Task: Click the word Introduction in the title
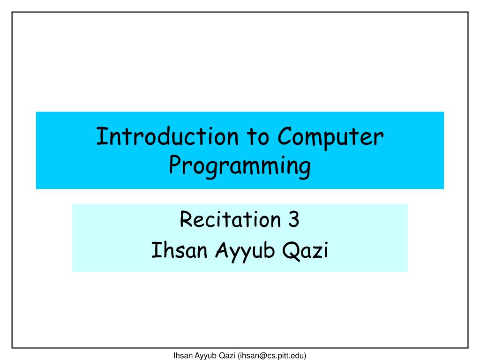click(x=167, y=136)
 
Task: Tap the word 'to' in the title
click(x=258, y=137)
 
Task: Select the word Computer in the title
click(x=330, y=138)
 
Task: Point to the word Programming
click(x=240, y=166)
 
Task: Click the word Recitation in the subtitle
click(x=230, y=219)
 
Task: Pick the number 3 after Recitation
click(x=293, y=219)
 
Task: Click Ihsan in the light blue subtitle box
click(x=180, y=250)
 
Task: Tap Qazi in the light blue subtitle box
click(x=305, y=250)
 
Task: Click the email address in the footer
click(x=272, y=355)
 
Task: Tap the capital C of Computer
click(x=285, y=136)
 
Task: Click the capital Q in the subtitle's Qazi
click(x=291, y=251)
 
